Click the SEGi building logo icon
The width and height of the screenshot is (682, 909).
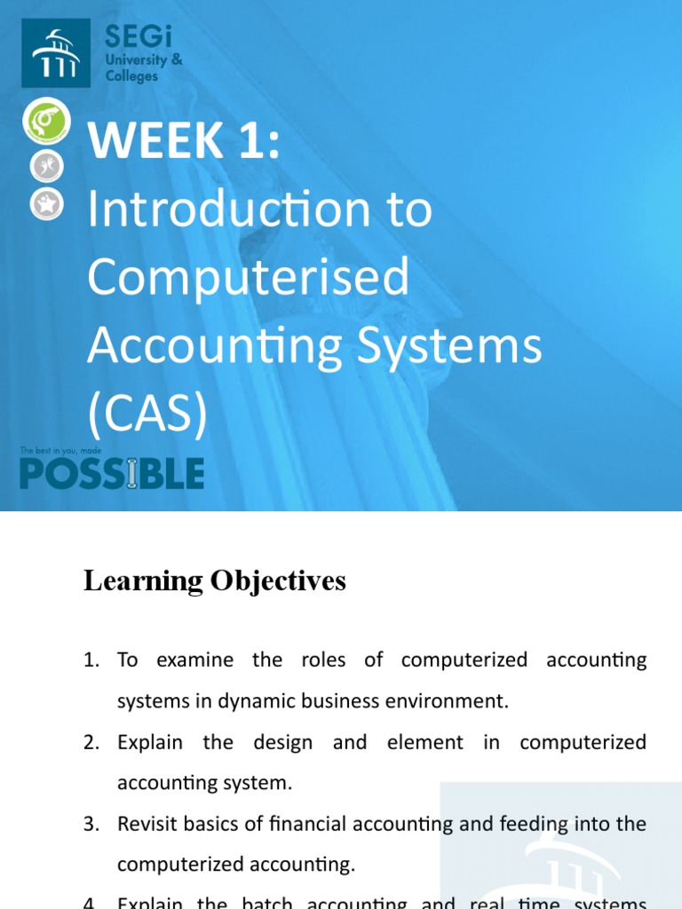click(x=55, y=53)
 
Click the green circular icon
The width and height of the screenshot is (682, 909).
click(x=47, y=123)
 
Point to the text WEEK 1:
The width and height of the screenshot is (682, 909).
click(x=183, y=142)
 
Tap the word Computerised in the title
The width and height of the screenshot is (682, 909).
click(x=249, y=277)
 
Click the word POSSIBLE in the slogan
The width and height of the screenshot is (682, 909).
click(x=112, y=474)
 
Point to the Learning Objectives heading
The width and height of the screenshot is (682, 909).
click(x=214, y=581)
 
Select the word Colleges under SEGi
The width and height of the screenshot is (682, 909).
click(x=131, y=76)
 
